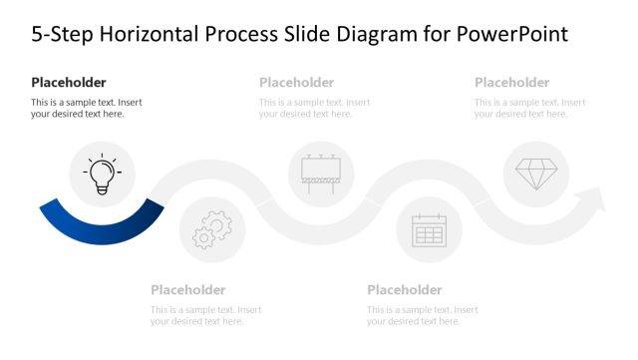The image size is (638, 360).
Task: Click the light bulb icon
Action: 102,175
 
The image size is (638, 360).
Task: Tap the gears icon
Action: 212,229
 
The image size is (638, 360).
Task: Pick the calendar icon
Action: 430,229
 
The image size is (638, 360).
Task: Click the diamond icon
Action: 536,174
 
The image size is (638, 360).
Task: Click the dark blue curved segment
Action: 102,227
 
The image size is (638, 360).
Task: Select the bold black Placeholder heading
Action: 69,83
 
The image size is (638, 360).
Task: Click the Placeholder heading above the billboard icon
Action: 296,83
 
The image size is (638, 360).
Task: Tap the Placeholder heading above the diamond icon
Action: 511,83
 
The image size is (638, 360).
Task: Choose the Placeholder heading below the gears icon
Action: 188,290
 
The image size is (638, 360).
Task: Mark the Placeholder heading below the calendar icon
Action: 404,290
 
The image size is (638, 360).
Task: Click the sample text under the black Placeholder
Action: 86,108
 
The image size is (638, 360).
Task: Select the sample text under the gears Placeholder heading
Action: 205,315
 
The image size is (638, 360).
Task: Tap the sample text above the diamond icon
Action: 529,108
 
